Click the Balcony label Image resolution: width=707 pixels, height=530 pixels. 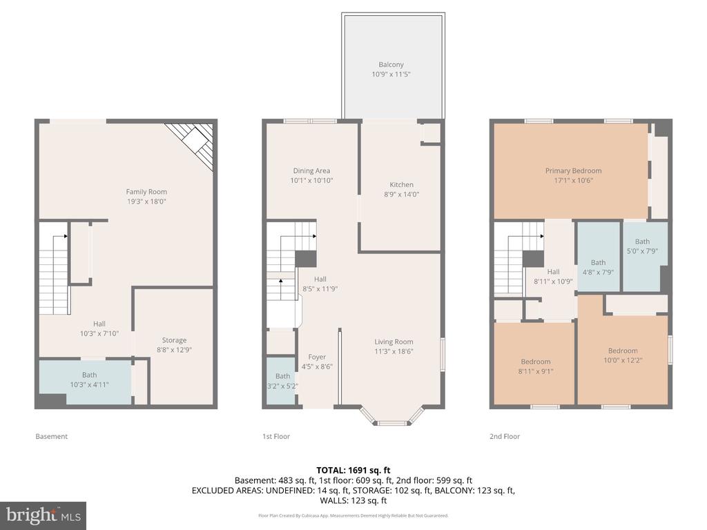click(391, 65)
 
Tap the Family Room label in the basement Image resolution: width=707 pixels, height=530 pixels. click(146, 192)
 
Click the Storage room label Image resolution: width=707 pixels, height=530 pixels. click(174, 340)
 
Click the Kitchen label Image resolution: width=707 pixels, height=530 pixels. click(401, 184)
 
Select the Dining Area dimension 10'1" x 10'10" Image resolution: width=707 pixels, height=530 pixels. click(311, 181)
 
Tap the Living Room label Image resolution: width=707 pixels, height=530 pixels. click(394, 342)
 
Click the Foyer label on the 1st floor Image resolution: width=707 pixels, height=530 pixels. click(317, 357)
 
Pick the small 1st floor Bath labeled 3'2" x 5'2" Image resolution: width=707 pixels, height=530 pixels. click(282, 380)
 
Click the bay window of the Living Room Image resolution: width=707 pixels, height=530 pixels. click(391, 417)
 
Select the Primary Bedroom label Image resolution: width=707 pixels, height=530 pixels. click(573, 170)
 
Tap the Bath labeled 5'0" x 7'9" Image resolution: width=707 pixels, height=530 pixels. click(642, 246)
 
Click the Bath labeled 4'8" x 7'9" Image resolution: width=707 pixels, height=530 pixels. click(598, 267)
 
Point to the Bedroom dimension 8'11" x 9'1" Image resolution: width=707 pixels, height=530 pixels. click(536, 371)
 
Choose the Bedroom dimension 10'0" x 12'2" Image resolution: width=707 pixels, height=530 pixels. click(622, 360)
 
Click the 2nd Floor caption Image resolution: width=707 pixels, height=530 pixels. click(505, 436)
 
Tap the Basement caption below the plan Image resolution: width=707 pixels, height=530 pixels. click(52, 436)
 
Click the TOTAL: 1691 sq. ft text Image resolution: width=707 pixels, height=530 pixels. click(353, 470)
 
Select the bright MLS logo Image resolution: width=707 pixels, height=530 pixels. click(43, 515)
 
